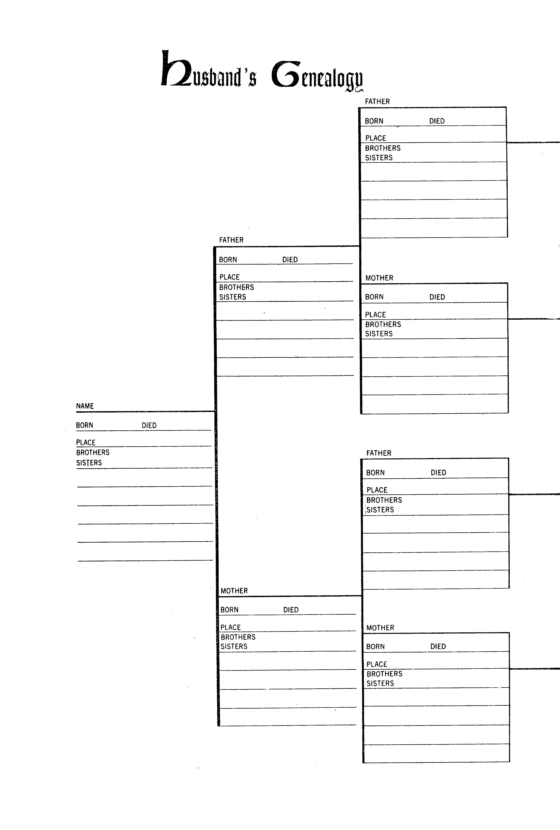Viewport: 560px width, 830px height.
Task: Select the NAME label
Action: pos(85,406)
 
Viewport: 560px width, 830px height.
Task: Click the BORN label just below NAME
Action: pos(84,425)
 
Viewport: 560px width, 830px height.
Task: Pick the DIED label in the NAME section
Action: pos(149,425)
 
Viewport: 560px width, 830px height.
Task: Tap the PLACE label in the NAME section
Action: pos(86,442)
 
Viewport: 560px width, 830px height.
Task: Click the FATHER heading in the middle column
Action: pos(231,240)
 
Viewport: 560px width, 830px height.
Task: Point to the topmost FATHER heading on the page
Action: pos(377,101)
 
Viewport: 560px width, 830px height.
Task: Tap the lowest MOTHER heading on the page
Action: pos(380,628)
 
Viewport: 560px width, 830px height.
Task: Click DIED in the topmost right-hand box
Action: pos(437,121)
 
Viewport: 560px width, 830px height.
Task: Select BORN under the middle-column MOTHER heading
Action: pos(229,610)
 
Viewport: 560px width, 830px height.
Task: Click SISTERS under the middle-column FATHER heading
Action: pos(232,297)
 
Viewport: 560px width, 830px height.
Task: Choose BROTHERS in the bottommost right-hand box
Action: pos(384,674)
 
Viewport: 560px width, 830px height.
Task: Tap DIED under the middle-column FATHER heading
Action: pos(290,260)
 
